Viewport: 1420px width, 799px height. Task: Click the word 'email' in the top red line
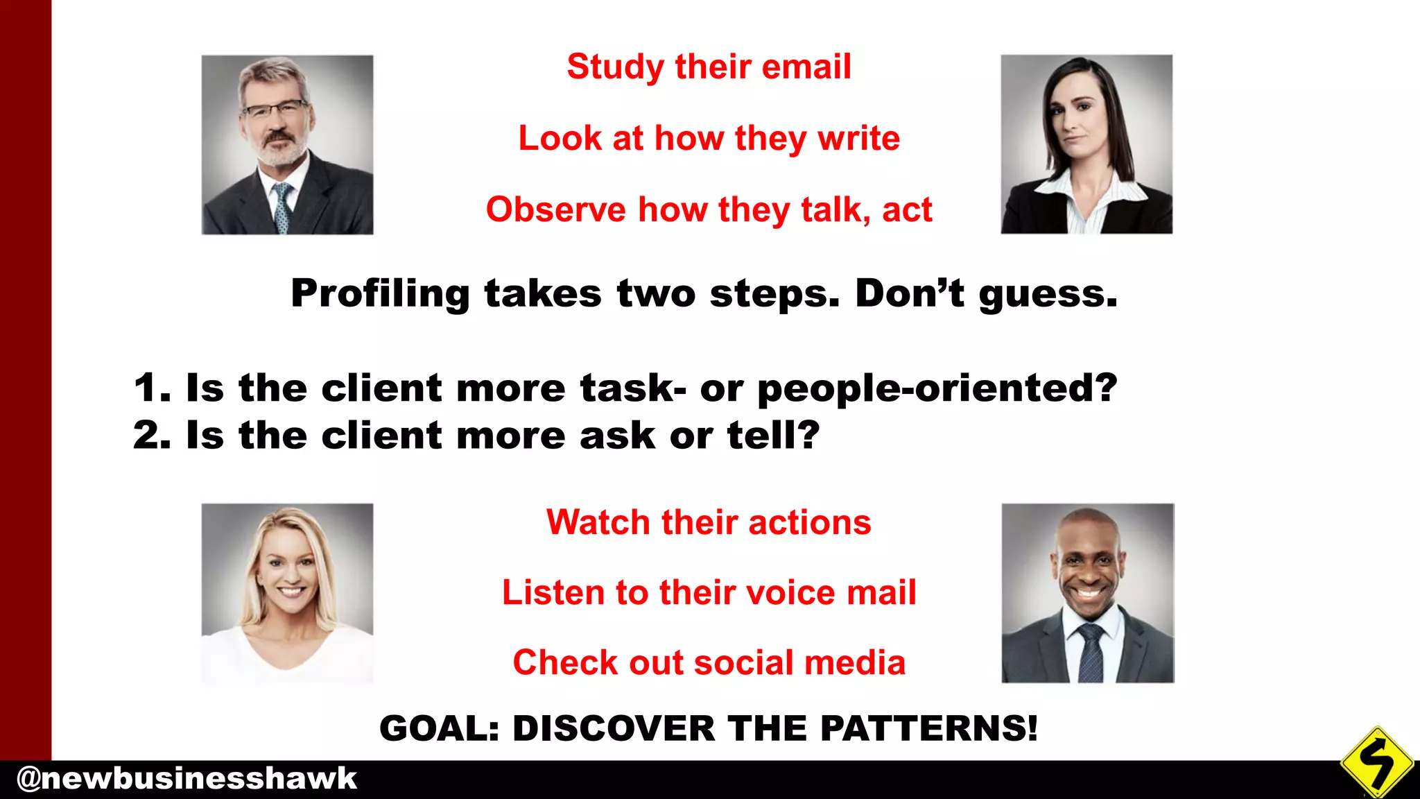point(806,67)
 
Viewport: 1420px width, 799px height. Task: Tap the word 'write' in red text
point(858,138)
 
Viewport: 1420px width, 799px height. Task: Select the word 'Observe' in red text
point(555,209)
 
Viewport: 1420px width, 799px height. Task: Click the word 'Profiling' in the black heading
point(380,293)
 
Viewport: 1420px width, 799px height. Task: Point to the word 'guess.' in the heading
point(1048,295)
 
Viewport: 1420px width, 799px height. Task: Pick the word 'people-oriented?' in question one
point(937,388)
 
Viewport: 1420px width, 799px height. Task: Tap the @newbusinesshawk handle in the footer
point(186,779)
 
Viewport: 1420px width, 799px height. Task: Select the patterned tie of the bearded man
point(282,207)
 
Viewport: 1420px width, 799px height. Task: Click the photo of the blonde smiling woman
point(287,593)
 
